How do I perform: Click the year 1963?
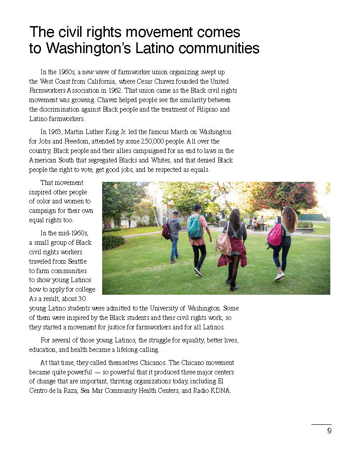(x=56, y=132)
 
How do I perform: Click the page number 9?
(x=329, y=431)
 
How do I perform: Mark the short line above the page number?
(x=321, y=424)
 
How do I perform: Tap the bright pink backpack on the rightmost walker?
(x=275, y=235)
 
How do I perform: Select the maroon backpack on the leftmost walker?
(x=166, y=230)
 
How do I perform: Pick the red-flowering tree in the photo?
(x=288, y=196)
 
